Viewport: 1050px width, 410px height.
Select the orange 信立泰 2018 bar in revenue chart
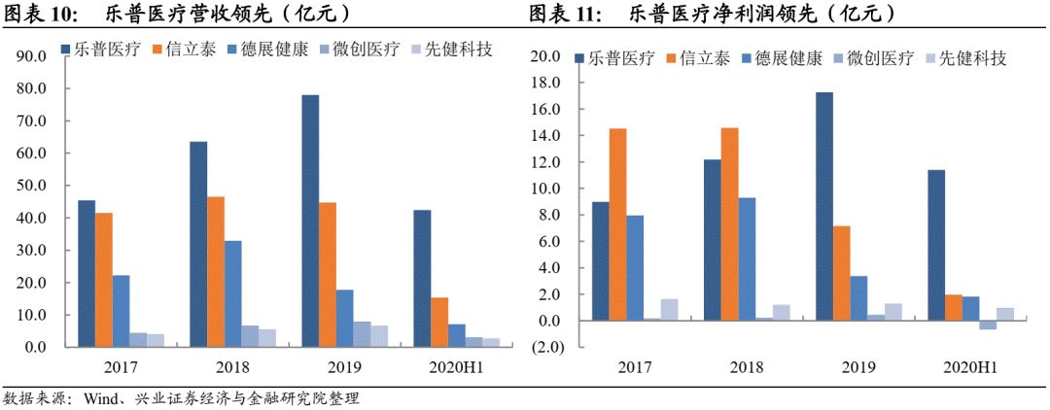[215, 271]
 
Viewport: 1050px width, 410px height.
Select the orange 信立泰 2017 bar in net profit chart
[617, 224]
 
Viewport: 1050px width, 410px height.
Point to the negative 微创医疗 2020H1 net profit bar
[988, 325]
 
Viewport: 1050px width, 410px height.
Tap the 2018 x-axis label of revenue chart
[231, 367]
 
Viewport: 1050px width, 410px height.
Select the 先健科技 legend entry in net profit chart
[972, 58]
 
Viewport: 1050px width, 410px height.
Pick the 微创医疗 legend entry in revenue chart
[366, 49]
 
